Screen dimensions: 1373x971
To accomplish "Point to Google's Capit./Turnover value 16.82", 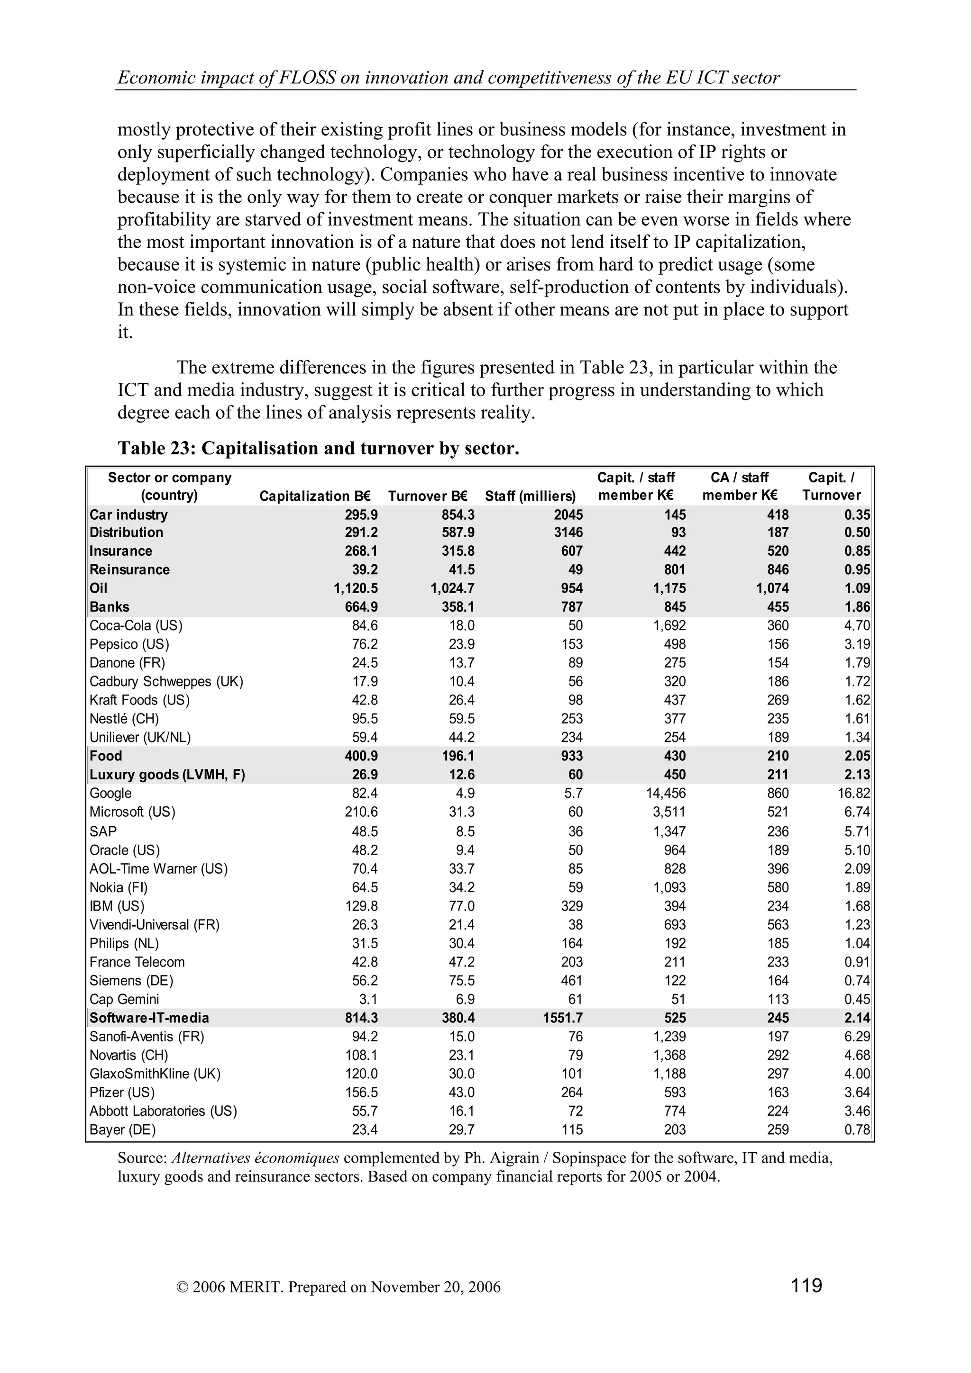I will click(854, 793).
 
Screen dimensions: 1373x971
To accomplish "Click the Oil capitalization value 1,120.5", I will click(356, 588).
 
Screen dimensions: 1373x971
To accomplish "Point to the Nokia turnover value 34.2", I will click(461, 887).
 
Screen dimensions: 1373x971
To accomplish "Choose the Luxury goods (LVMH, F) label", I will click(167, 775).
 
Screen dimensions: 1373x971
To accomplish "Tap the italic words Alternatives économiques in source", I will click(256, 1158).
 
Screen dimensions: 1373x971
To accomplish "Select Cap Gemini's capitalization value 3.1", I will click(368, 999).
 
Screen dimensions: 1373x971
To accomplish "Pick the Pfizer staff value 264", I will click(571, 1093).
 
